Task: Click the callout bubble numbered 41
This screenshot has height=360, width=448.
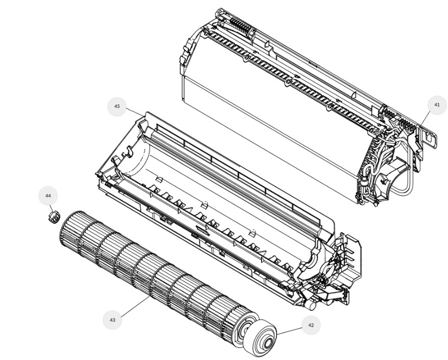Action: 437,105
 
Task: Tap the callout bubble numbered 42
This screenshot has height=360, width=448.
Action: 311,325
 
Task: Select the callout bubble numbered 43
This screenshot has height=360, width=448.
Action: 112,320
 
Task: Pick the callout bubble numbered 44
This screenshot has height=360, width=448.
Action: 48,195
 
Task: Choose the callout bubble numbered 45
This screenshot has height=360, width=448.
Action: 117,106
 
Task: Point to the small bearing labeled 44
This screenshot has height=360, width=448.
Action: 53,217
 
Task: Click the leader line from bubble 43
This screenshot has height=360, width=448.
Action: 135,306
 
